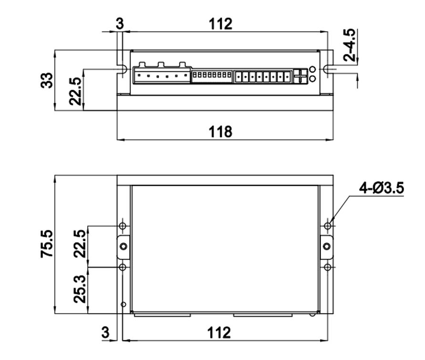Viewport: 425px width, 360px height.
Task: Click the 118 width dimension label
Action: (x=220, y=132)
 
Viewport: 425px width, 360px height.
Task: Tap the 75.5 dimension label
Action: (x=47, y=244)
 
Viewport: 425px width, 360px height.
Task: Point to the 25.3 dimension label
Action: (x=80, y=289)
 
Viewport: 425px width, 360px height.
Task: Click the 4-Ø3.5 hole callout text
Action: (x=382, y=188)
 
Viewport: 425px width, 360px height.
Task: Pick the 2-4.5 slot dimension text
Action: (x=349, y=45)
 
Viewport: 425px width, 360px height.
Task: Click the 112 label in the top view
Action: (x=220, y=24)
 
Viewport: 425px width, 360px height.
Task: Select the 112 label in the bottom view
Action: (x=219, y=333)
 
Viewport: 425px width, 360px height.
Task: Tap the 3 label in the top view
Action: (x=120, y=23)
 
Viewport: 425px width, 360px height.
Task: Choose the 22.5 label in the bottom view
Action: (x=80, y=244)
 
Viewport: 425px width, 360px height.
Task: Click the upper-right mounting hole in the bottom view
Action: (x=327, y=225)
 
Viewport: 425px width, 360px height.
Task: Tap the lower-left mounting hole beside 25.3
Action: (x=123, y=267)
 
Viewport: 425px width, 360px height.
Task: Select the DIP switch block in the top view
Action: (x=212, y=76)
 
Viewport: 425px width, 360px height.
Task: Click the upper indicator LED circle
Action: (x=312, y=69)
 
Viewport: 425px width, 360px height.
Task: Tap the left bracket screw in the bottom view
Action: (x=124, y=246)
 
